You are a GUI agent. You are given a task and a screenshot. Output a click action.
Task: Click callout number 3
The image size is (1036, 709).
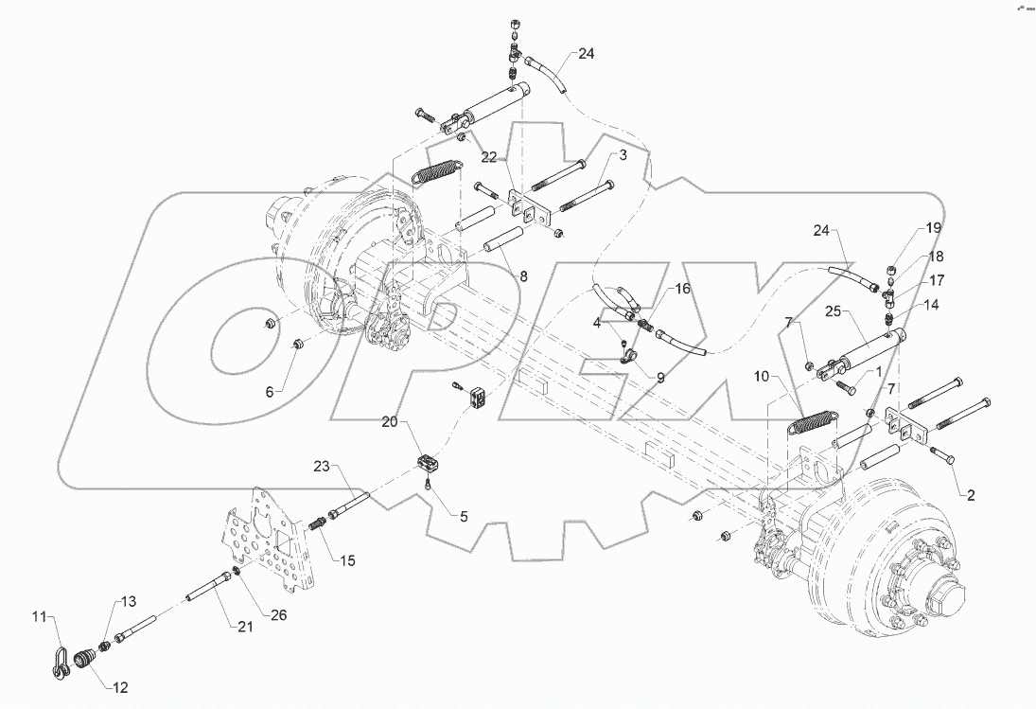[623, 154]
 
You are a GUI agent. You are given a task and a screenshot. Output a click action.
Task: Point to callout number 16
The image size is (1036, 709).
[682, 289]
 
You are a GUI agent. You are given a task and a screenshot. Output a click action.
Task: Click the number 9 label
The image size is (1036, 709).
[659, 377]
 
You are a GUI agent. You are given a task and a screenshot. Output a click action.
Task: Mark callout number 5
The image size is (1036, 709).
[464, 517]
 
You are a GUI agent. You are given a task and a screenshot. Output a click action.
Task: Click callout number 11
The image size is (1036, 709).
[39, 617]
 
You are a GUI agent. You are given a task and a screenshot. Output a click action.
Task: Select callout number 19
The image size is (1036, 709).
[933, 228]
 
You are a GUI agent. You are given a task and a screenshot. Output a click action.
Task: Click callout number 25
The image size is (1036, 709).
[833, 310]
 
